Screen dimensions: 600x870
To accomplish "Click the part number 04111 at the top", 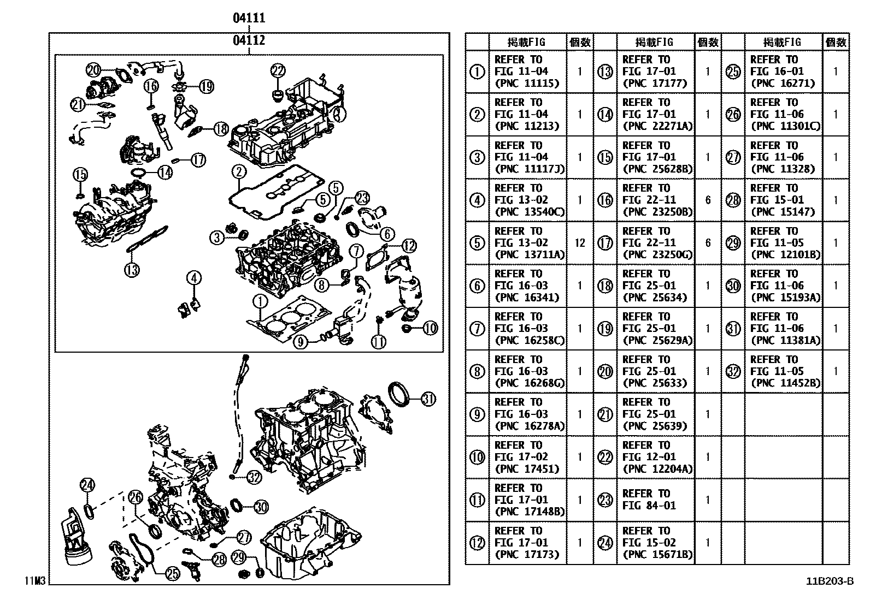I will [x=249, y=18].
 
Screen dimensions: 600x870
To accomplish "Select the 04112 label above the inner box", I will [x=249, y=40].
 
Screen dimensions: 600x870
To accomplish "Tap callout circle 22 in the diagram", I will [x=278, y=70].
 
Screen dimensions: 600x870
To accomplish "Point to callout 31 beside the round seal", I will [x=428, y=399].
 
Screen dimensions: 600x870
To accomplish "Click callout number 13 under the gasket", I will [x=132, y=269].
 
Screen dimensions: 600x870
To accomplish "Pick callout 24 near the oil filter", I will [x=87, y=484].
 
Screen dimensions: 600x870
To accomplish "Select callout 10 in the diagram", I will [x=430, y=328].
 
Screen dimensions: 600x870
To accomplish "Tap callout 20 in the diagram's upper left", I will [x=94, y=69].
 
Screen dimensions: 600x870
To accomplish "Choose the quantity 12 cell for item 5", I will [x=580, y=243].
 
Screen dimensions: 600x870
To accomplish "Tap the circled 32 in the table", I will [x=733, y=371].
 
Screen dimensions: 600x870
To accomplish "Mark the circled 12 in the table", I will [x=477, y=543].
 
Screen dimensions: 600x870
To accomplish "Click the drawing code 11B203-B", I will [x=828, y=581].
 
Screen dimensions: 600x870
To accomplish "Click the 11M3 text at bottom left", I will [x=34, y=581].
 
